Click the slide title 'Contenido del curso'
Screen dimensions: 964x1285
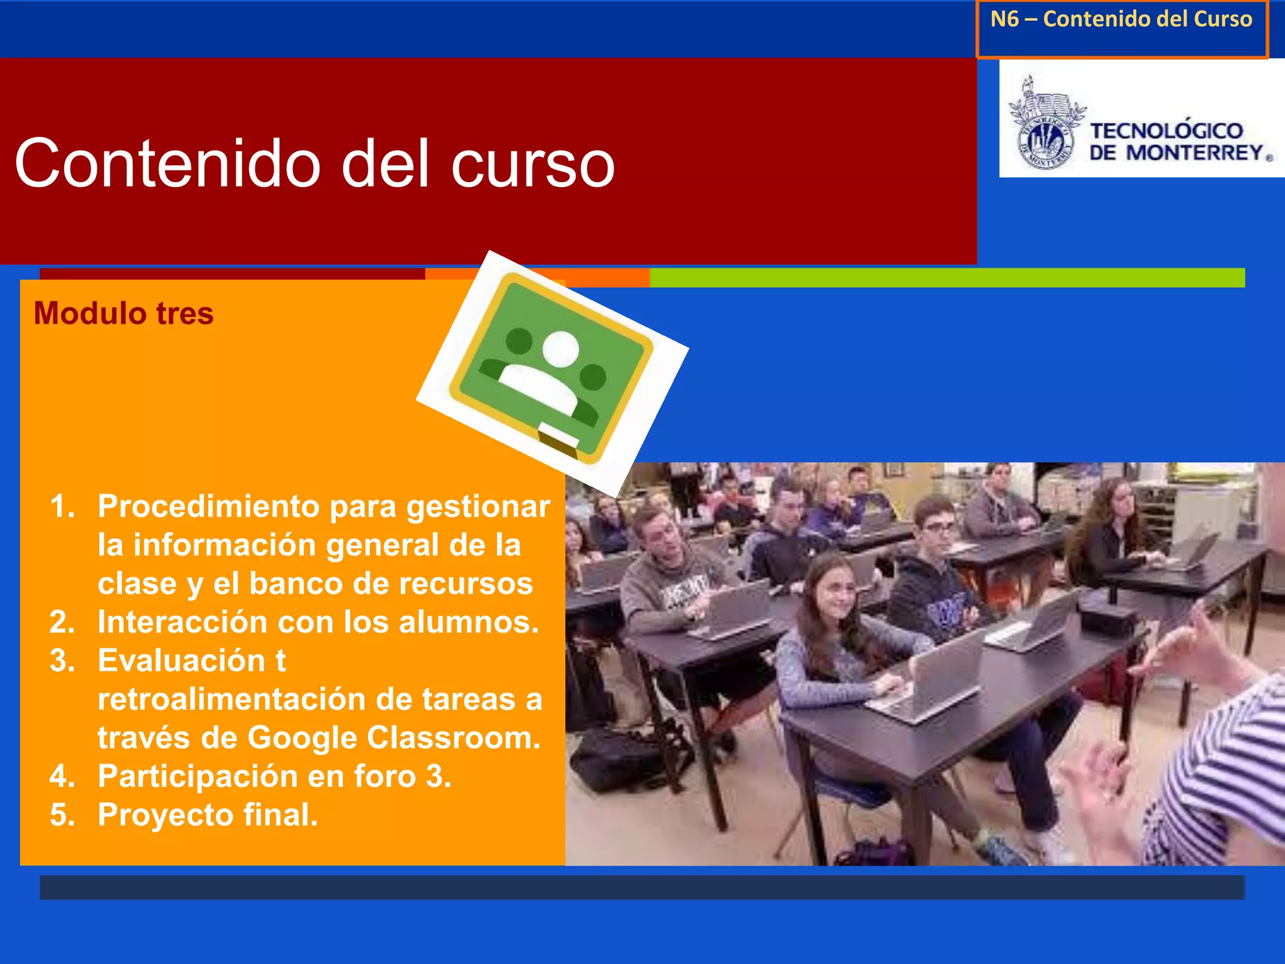(314, 164)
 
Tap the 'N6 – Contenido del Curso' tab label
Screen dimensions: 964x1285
(1121, 19)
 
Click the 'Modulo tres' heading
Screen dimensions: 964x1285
(124, 313)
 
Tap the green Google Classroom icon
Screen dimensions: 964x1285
(552, 368)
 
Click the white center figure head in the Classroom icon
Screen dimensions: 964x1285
(560, 349)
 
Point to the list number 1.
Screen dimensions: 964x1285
(61, 506)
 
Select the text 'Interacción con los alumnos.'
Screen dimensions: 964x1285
(318, 622)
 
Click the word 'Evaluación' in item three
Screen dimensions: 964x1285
(182, 660)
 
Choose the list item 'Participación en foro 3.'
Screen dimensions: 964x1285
(274, 776)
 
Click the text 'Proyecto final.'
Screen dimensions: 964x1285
(208, 815)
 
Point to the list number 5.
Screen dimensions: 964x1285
(61, 815)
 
